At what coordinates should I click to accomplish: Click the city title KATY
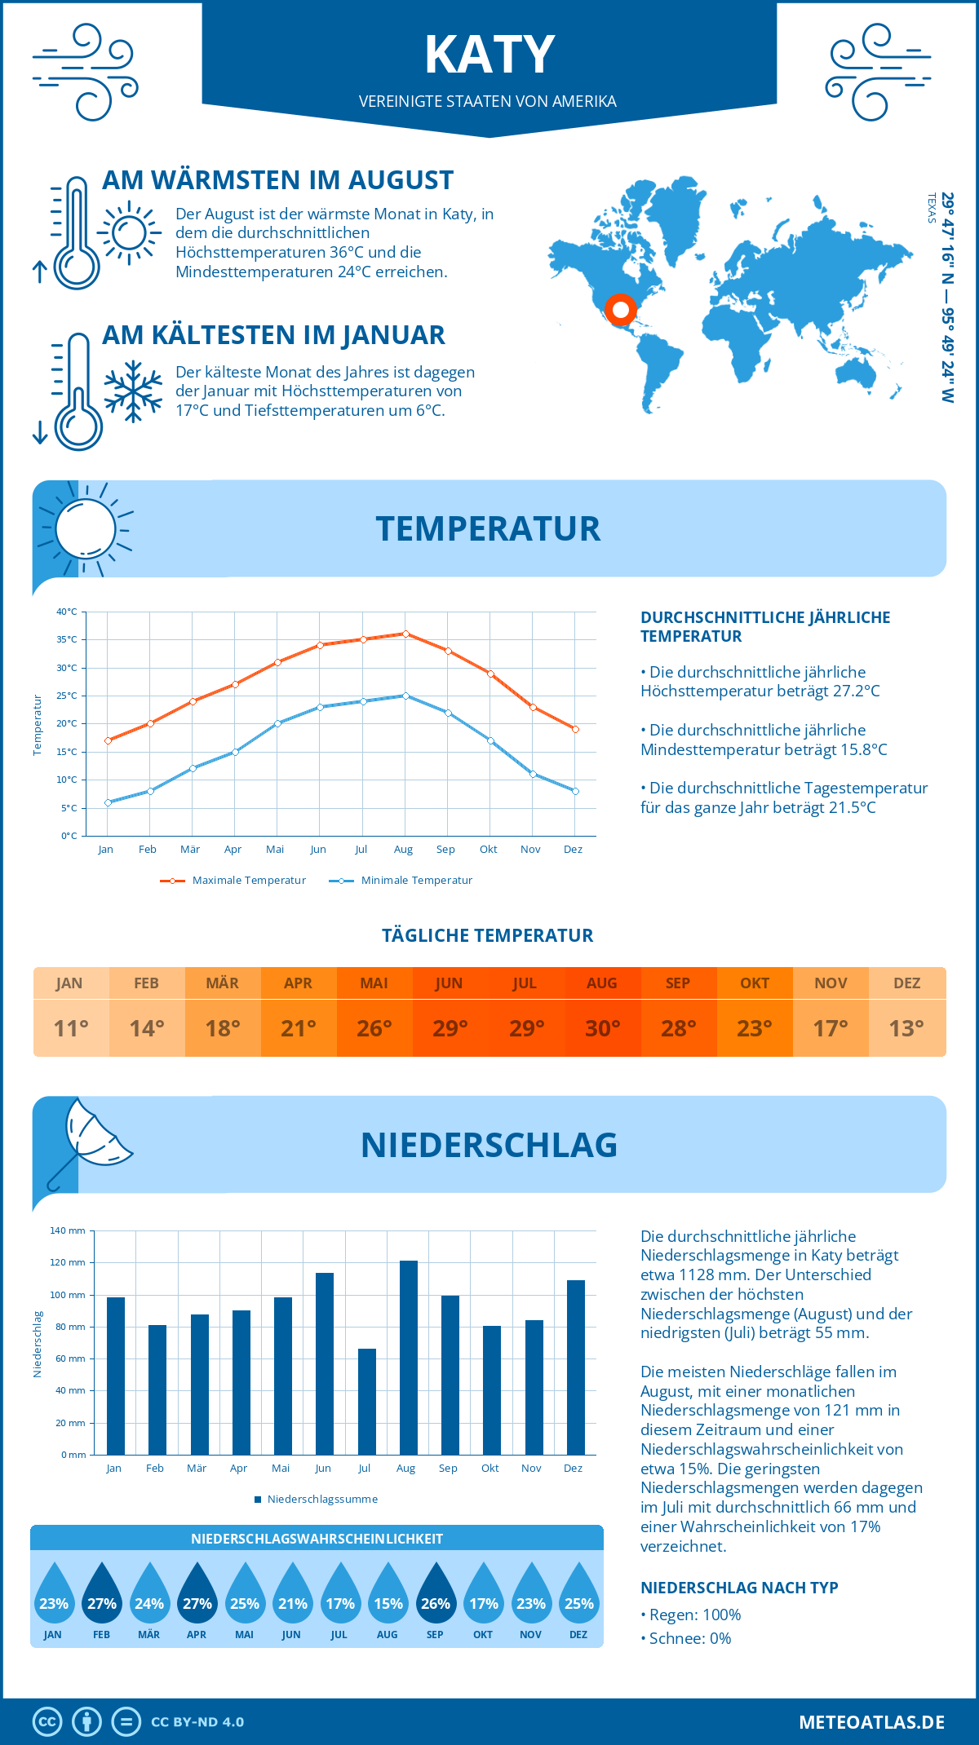(489, 55)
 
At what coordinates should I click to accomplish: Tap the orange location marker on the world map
(621, 310)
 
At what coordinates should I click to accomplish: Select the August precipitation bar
(408, 1357)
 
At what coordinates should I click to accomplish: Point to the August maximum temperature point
(405, 634)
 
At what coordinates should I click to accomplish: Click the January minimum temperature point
(108, 802)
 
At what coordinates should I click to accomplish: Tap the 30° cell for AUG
(602, 1028)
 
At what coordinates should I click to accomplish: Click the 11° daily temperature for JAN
(70, 1028)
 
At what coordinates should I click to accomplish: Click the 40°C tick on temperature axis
(67, 612)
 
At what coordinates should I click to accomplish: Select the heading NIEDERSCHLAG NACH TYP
(739, 1588)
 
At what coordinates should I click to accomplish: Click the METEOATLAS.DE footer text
(871, 1722)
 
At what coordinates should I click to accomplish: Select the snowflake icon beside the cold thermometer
(133, 391)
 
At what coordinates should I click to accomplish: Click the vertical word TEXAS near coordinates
(931, 208)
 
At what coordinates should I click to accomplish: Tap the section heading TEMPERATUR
(488, 528)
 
